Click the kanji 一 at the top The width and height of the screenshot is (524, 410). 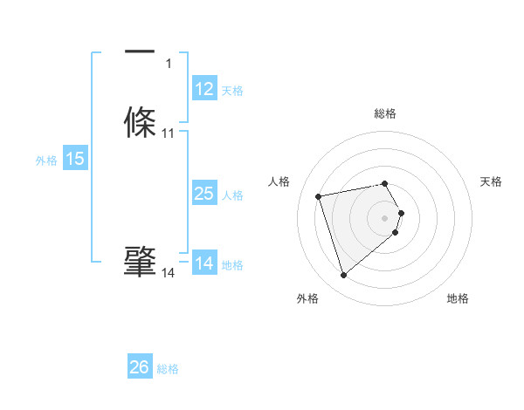[x=140, y=53]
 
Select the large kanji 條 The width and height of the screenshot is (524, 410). [x=140, y=120]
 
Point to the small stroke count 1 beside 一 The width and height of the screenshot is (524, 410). [x=169, y=64]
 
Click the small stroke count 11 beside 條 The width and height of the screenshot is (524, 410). [x=169, y=133]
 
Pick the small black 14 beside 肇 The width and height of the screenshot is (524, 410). [x=168, y=273]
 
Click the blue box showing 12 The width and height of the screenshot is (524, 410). [x=204, y=89]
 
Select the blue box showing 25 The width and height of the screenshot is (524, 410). [x=204, y=194]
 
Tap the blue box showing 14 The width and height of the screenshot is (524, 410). [x=204, y=263]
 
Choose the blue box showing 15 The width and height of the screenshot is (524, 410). [x=75, y=159]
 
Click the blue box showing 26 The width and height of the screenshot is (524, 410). [x=140, y=367]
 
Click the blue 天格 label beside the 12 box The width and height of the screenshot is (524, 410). [x=232, y=91]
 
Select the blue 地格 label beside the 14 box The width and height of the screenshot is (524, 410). [x=232, y=265]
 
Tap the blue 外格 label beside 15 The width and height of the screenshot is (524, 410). [x=46, y=161]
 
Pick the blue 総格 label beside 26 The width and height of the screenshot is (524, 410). [x=168, y=369]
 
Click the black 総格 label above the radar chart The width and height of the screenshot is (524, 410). [x=385, y=113]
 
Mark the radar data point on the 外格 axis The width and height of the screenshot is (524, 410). [x=343, y=275]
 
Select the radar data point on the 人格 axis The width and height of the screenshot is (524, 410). [x=319, y=195]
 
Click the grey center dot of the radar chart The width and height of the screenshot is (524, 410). [x=385, y=217]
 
